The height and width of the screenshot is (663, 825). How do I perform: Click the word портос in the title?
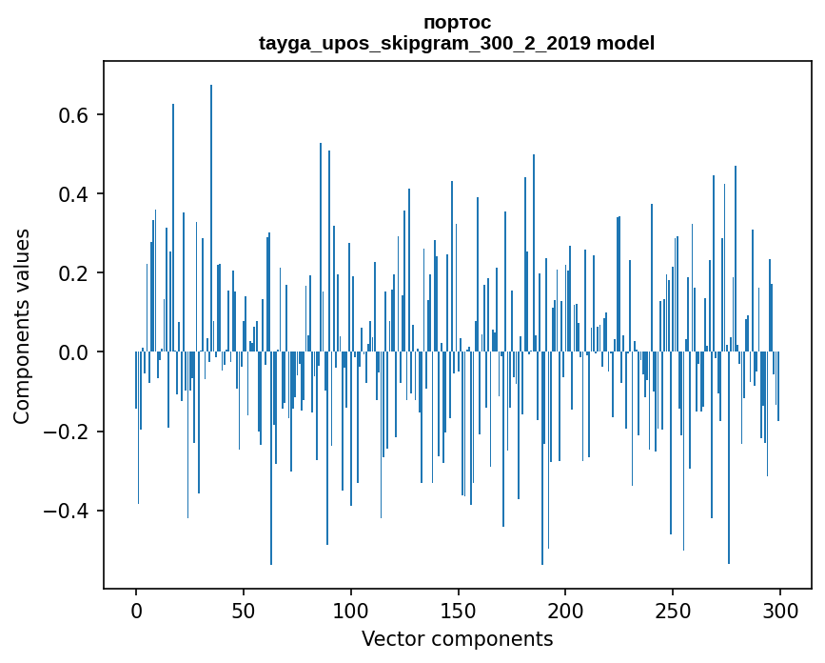click(x=457, y=22)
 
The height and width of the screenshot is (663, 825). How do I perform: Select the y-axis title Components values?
click(x=22, y=326)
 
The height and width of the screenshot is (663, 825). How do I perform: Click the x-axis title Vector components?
click(x=457, y=639)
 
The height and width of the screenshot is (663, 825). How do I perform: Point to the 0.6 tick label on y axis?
click(x=73, y=115)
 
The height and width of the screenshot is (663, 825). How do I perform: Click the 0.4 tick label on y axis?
click(x=73, y=194)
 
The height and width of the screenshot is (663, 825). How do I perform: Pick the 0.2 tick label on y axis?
click(x=73, y=273)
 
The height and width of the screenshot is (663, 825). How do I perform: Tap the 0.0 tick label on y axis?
click(x=73, y=352)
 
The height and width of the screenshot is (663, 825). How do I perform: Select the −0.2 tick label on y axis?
click(x=67, y=432)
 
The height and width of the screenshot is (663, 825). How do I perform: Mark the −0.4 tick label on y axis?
click(x=67, y=511)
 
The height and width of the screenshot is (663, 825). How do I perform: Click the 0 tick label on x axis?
click(x=136, y=609)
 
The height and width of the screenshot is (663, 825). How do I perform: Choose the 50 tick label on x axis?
click(x=244, y=609)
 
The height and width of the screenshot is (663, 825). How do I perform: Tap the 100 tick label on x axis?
click(x=351, y=609)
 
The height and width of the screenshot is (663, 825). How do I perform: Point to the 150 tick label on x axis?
click(x=459, y=609)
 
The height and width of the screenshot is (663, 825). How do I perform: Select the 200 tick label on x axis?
click(x=565, y=609)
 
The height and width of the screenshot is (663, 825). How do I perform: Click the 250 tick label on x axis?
click(x=673, y=609)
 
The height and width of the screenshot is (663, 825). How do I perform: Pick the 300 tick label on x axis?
click(x=780, y=609)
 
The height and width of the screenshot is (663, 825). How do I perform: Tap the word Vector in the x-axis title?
click(x=390, y=639)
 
